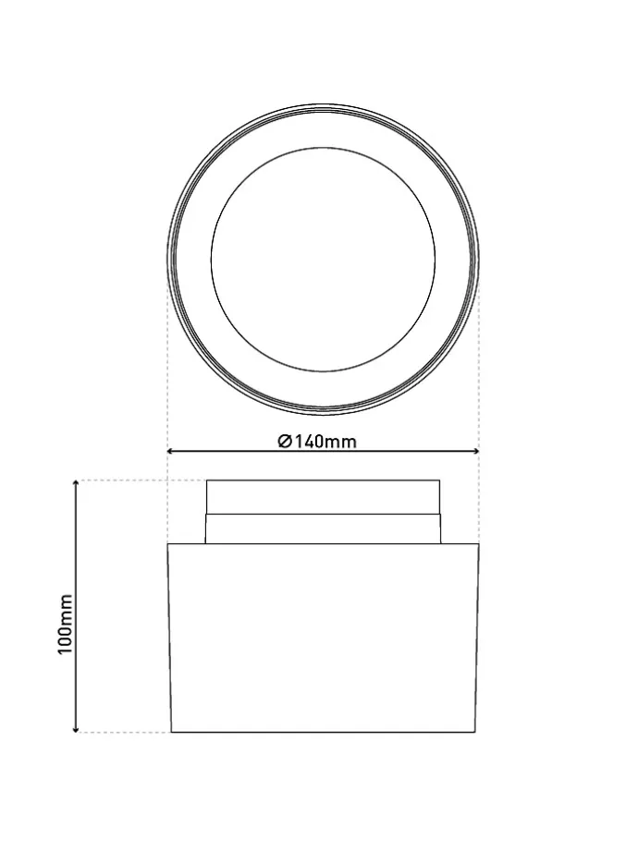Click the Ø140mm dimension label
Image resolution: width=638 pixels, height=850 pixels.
pyautogui.click(x=317, y=442)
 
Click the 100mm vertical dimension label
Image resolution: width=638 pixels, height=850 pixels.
pyautogui.click(x=66, y=624)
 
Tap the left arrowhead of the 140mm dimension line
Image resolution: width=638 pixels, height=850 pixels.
pyautogui.click(x=170, y=451)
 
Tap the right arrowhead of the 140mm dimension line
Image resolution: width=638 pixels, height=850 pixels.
pyautogui.click(x=476, y=451)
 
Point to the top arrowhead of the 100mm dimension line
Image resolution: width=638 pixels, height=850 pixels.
pyautogui.click(x=77, y=483)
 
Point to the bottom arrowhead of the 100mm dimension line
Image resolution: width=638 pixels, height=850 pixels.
pyautogui.click(x=77, y=729)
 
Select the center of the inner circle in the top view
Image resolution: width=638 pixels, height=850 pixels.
pyautogui.click(x=323, y=259)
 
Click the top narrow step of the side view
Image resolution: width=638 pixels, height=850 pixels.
pyautogui.click(x=323, y=496)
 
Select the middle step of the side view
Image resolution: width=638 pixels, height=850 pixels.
pyautogui.click(x=323, y=528)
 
